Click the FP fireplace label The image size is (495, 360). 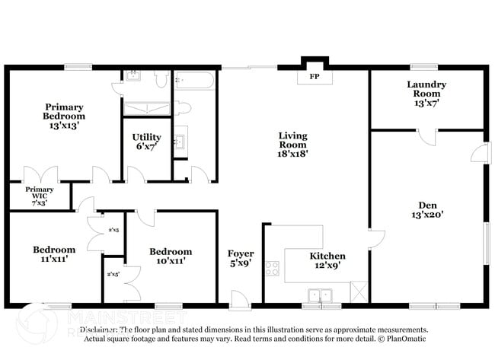313,78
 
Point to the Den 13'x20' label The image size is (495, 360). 426,209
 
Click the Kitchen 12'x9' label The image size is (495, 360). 327,261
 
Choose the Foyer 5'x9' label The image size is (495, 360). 241,259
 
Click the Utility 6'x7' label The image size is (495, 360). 146,142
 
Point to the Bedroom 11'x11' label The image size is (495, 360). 53,254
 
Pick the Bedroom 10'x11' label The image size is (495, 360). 171,256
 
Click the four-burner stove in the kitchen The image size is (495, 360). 272,269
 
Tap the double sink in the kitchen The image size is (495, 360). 320,294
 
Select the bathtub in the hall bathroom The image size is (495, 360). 195,81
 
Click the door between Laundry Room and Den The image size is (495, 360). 427,137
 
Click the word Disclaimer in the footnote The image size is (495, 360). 98,330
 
